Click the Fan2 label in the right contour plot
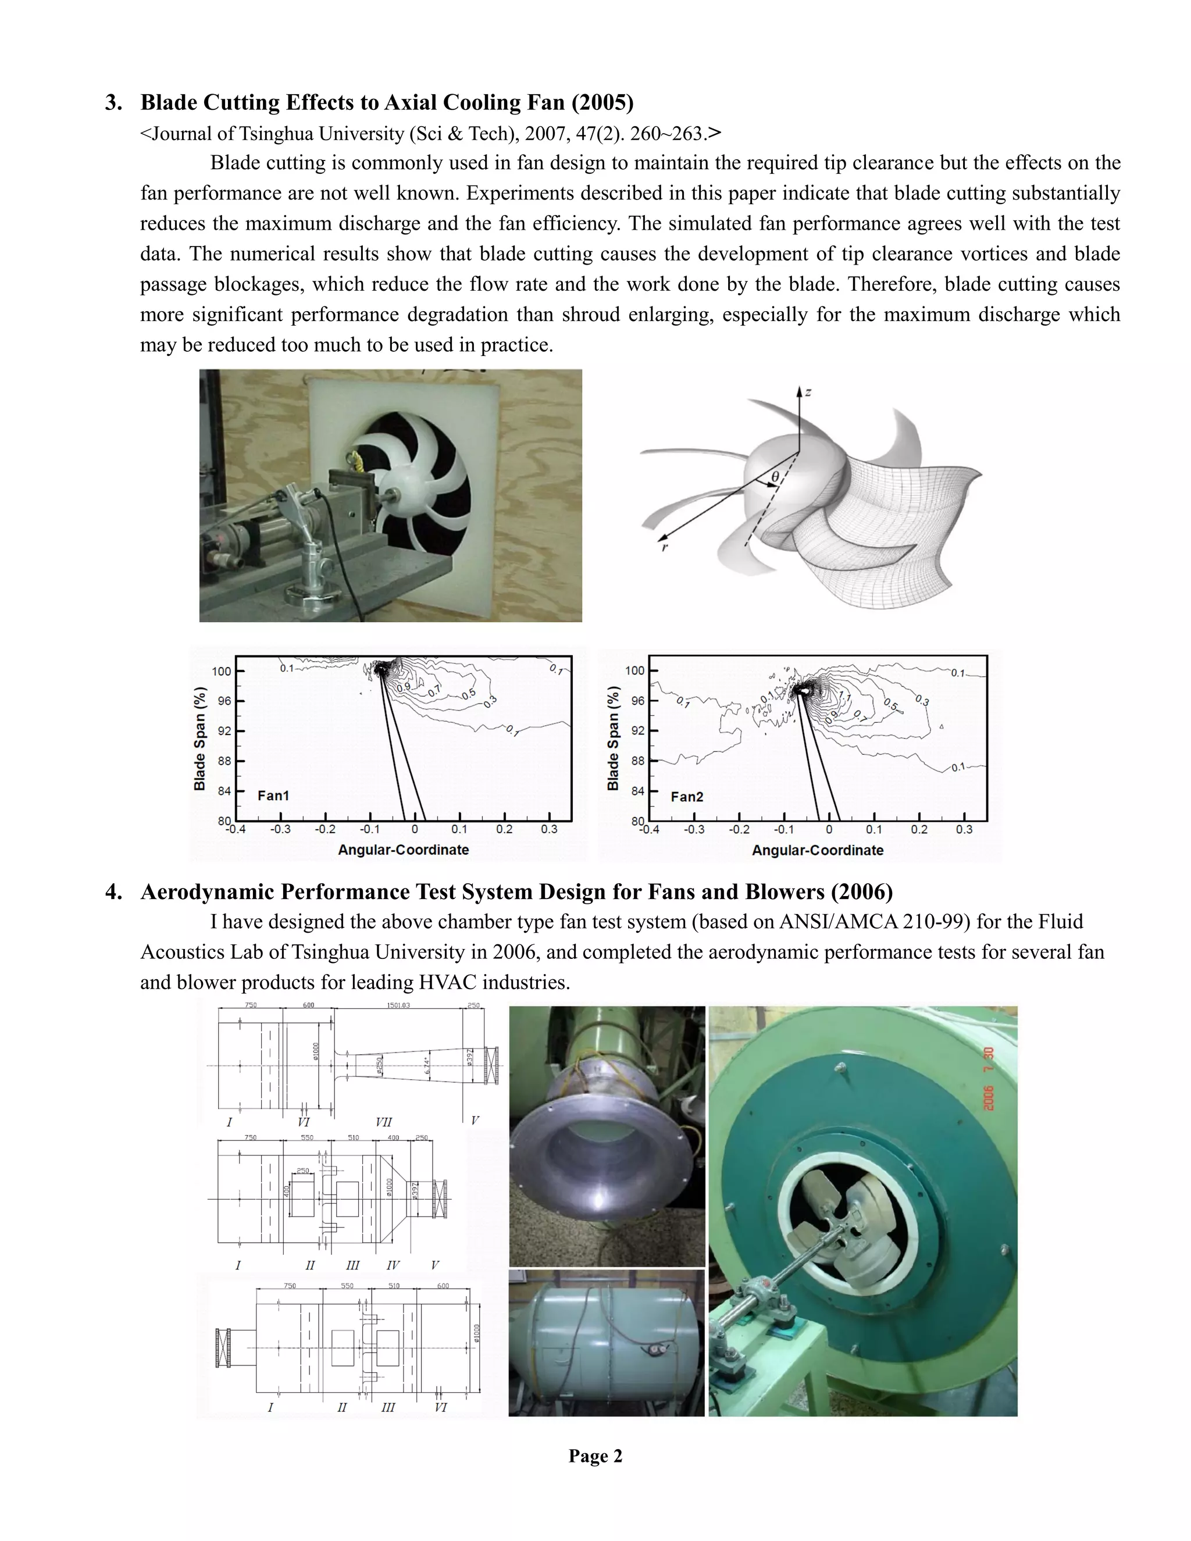[687, 797]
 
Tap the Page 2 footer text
[595, 1456]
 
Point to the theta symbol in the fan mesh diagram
[775, 477]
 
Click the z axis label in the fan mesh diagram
[807, 393]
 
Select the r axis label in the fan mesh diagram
[664, 546]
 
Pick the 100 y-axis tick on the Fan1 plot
[222, 671]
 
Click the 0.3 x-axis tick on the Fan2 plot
[964, 830]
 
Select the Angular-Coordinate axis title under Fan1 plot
[403, 850]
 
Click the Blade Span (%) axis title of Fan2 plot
[612, 738]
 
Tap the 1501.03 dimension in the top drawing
[398, 1005]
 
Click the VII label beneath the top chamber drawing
[383, 1122]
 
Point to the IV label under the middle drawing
[393, 1265]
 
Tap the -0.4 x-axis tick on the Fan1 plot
[236, 830]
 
